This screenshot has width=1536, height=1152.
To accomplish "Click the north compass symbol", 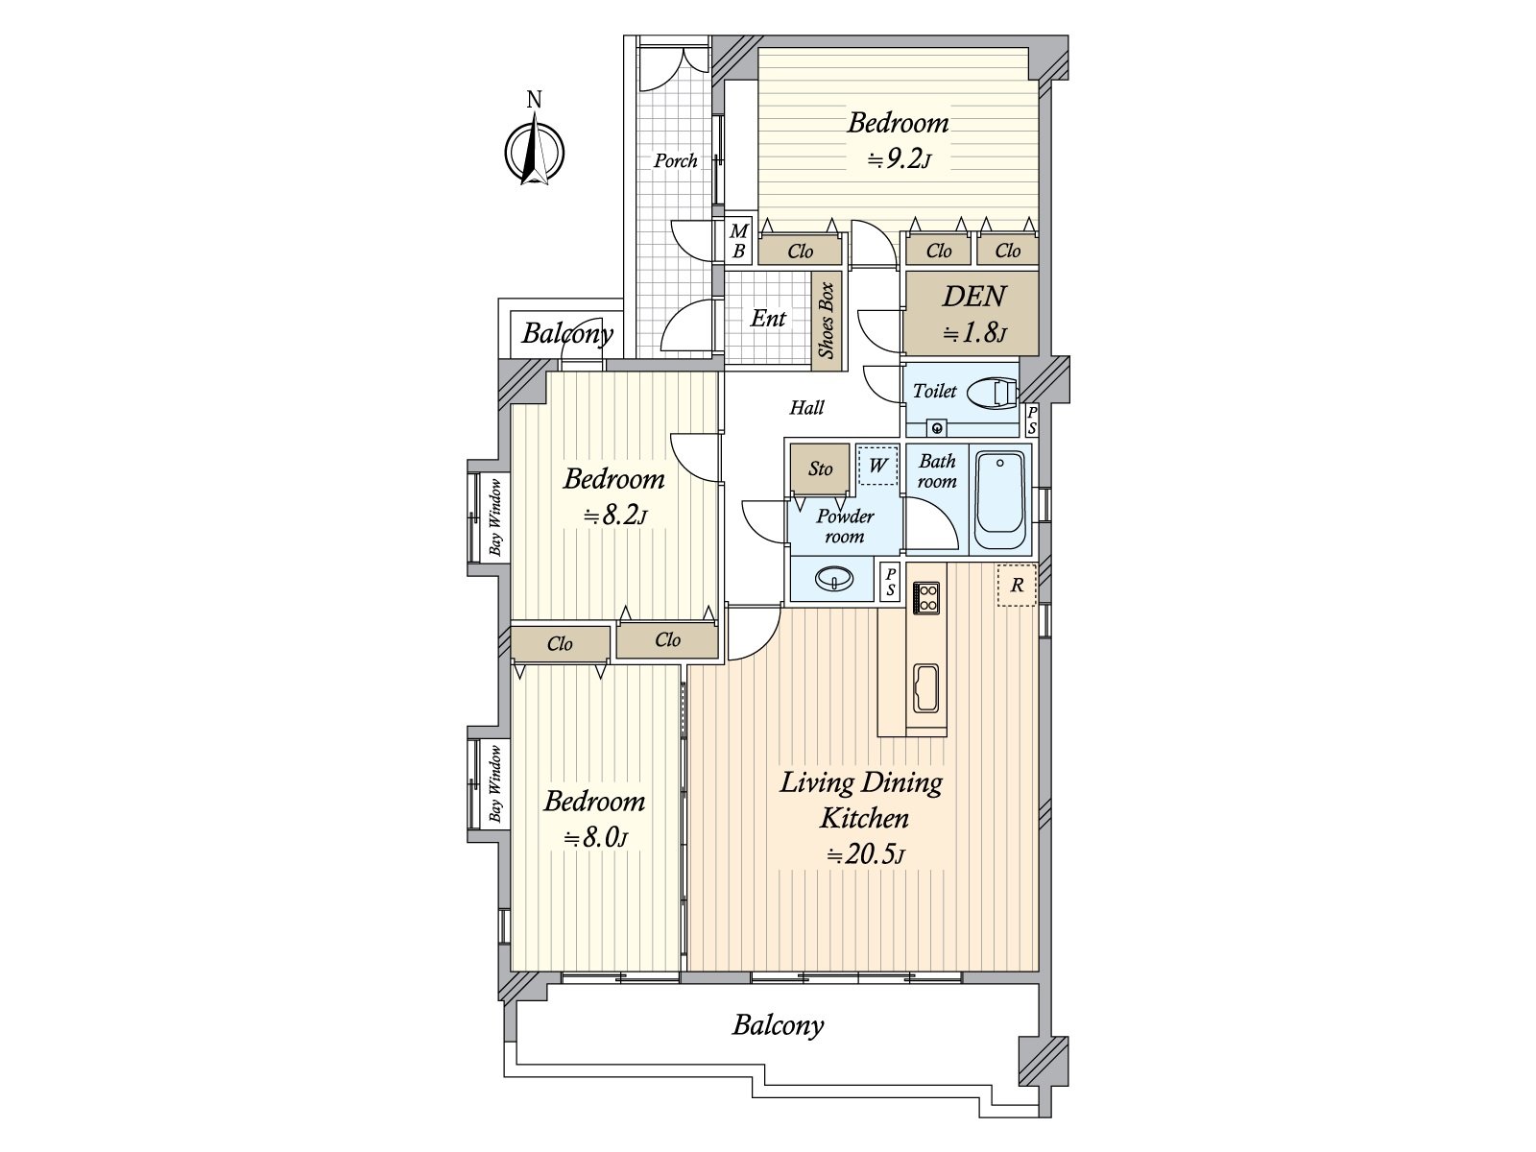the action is tap(535, 151).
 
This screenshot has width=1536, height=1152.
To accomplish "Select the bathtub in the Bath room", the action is tap(1000, 500).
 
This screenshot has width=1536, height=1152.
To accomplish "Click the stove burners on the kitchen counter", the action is tap(927, 598).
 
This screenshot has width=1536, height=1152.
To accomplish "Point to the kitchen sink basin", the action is tap(925, 688).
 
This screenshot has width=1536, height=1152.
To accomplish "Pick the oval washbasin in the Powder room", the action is tap(834, 579).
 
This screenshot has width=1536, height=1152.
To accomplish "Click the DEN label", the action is tap(974, 297).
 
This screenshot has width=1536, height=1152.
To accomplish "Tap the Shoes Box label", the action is tap(828, 321).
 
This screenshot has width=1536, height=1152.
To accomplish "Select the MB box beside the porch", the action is tap(738, 241).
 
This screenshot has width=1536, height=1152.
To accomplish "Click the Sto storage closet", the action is tap(820, 468).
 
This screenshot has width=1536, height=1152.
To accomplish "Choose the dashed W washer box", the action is tap(877, 466).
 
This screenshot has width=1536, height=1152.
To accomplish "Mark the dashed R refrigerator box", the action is tap(1017, 585).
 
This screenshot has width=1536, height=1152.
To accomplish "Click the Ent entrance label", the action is tap(768, 319).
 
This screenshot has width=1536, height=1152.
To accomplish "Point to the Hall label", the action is tap(806, 408).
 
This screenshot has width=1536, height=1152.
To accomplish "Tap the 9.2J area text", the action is tap(900, 160).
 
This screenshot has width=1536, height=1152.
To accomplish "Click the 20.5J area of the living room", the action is tap(866, 854).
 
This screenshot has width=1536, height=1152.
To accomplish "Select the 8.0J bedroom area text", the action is tap(595, 838).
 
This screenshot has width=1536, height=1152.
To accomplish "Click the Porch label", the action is tap(675, 161).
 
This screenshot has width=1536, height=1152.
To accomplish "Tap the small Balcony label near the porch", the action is tap(567, 334).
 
